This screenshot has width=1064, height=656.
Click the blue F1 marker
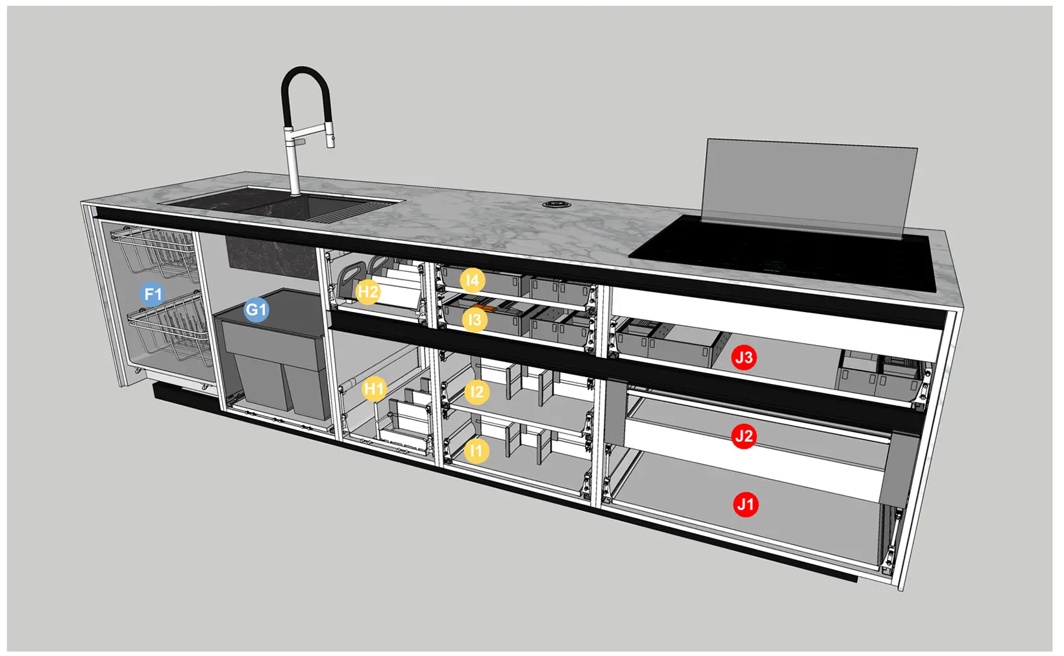153,295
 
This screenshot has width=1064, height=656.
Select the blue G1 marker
256,310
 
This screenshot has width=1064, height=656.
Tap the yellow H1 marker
374,389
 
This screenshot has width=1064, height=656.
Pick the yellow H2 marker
368,292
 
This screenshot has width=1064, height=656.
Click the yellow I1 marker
476,450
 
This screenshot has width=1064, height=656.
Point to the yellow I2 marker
476,392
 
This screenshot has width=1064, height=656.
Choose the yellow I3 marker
475,320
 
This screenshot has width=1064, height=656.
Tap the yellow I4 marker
473,280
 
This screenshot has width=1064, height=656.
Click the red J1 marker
746,504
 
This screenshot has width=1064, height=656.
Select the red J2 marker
744,436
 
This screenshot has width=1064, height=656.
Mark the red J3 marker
744,358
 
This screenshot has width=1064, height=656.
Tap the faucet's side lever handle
299,141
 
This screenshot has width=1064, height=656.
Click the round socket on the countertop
557,204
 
